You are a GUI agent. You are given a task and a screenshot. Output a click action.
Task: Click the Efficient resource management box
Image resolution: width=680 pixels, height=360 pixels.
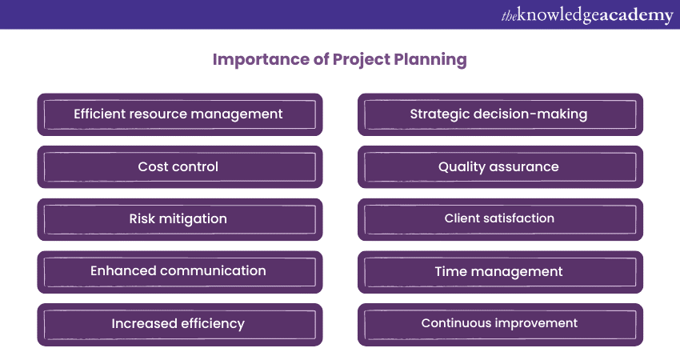(179, 114)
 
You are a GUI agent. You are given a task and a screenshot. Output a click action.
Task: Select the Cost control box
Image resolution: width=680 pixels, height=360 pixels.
(179, 167)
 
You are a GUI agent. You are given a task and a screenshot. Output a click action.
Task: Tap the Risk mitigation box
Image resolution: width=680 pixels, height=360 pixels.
(179, 219)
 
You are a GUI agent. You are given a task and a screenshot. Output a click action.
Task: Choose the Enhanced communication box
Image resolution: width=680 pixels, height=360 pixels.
(179, 271)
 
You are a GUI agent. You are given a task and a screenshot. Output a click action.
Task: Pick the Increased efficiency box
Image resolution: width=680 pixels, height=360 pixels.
(179, 324)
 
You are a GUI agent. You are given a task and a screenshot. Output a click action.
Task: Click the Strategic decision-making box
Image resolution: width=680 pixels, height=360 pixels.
(499, 114)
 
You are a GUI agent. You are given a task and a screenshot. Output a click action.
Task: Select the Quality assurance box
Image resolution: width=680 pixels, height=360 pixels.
(499, 167)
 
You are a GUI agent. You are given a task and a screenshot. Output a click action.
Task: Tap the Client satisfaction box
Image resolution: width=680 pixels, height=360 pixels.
(499, 219)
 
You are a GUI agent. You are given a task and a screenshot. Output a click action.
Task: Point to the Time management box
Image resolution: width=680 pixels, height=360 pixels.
(499, 272)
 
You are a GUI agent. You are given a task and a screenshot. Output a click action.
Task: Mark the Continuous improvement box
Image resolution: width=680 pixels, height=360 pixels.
(499, 324)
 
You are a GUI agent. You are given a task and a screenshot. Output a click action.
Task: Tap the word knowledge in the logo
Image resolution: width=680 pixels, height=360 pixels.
(556, 14)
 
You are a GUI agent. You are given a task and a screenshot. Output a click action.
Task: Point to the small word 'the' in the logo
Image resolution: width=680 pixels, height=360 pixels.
(509, 14)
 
